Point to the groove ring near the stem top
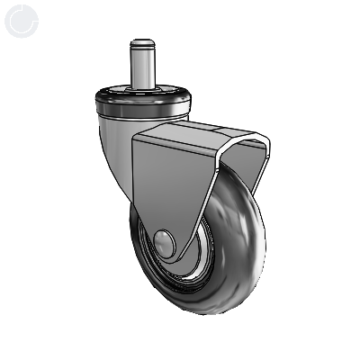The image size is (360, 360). point(141,49)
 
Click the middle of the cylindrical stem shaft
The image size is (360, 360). point(141,67)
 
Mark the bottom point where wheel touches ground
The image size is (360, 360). point(207,312)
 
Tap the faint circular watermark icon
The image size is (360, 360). point(20,20)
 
